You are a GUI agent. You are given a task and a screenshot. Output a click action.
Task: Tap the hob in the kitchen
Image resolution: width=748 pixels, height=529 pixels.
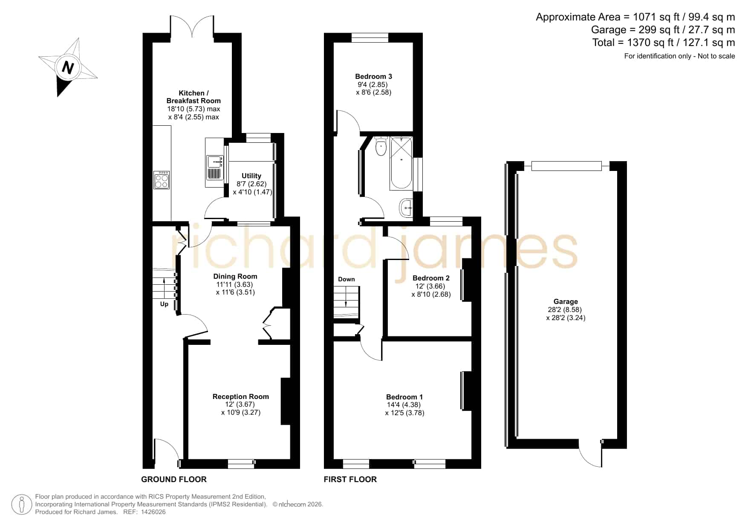[x=162, y=180]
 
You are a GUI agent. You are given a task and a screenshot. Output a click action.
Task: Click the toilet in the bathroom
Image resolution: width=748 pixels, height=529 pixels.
[x=381, y=146]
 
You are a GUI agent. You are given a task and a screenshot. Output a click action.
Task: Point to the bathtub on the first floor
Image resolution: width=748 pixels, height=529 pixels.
[x=401, y=163]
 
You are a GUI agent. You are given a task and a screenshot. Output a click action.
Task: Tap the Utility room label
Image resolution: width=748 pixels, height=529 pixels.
[x=251, y=176]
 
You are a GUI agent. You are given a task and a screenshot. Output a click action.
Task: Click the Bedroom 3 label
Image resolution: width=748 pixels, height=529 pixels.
[x=373, y=76]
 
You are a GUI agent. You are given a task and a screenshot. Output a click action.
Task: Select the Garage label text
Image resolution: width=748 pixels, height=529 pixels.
[x=566, y=301]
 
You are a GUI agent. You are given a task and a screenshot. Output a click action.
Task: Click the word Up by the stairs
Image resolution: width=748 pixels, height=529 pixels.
[x=164, y=304]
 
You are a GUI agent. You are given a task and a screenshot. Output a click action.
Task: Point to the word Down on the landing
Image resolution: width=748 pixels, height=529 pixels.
[x=347, y=279]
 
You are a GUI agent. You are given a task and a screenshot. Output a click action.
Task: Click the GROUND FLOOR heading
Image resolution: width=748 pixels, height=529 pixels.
[x=174, y=479]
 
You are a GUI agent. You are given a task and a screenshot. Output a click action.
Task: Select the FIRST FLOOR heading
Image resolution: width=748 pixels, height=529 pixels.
[x=350, y=479]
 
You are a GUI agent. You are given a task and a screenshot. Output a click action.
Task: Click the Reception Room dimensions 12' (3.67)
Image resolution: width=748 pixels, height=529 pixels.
[x=241, y=405]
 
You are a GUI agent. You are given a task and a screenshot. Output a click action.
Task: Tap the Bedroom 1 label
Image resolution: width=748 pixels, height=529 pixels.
[x=404, y=397]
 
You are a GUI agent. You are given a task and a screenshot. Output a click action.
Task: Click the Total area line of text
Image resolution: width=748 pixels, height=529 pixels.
[x=664, y=43]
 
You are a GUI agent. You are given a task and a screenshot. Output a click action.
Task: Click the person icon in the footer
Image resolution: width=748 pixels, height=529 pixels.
[x=22, y=504]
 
